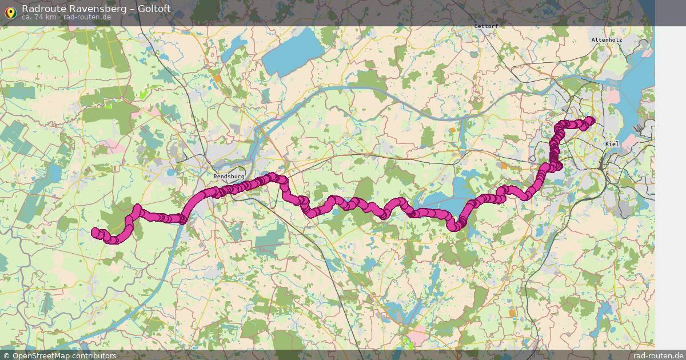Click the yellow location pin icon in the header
10,12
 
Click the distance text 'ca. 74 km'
39,17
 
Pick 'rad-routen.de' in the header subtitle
87,17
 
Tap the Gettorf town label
486,26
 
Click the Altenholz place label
607,40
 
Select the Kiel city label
612,145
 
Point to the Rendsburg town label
229,177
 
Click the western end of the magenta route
95,231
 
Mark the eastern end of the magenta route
591,119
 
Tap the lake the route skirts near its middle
443,200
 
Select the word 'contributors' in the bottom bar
98,355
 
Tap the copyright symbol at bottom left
6,355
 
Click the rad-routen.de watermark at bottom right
659,355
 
